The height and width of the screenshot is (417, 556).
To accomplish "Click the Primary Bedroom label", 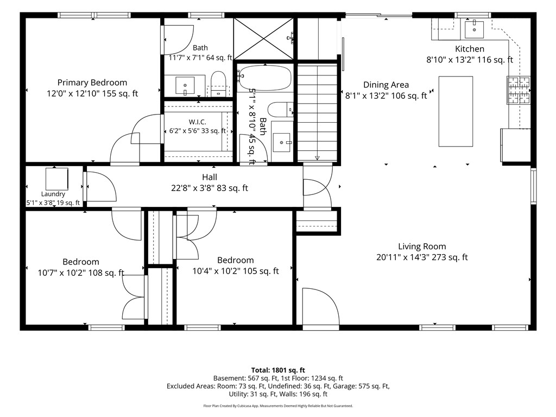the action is tap(92, 83).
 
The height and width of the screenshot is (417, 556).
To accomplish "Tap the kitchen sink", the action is tap(474, 29).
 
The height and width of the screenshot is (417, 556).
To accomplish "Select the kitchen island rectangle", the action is tap(456, 111).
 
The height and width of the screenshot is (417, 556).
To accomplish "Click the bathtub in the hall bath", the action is tap(265, 78).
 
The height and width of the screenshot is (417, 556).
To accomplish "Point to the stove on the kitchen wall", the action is tap(519, 90).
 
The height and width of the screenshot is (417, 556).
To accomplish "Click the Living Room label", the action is tap(422, 247).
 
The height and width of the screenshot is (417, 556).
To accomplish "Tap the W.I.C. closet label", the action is tap(198, 122).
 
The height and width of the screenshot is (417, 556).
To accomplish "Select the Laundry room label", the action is tap(53, 194).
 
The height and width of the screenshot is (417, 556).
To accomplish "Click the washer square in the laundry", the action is tap(56, 179).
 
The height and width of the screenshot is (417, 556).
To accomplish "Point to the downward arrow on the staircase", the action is tap(317, 158).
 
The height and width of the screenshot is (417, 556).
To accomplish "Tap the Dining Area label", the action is tap(386, 85).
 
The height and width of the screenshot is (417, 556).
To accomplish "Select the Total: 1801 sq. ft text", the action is tap(278, 370).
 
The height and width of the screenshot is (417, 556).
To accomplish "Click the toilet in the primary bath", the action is tap(218, 84).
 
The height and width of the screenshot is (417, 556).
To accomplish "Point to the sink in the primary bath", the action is tap(185, 85).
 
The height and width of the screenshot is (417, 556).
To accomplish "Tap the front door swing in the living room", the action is tap(320, 306).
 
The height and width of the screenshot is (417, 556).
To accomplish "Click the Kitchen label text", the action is tap(470, 49).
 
